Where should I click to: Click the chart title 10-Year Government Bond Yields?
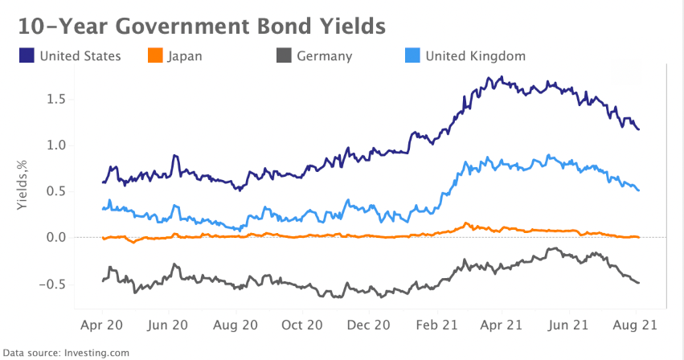(202, 26)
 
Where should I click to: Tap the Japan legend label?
(185, 56)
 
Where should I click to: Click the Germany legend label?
(325, 56)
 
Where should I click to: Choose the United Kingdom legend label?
(475, 56)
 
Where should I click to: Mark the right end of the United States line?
(639, 129)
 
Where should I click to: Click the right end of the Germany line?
(639, 283)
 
